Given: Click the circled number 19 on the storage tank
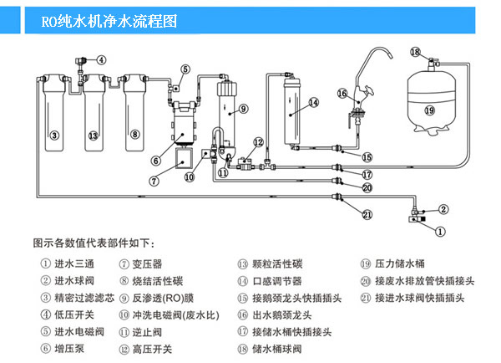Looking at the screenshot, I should pyautogui.click(x=428, y=110).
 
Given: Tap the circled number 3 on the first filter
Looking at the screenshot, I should pyautogui.click(x=54, y=135).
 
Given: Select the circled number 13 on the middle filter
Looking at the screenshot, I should pyautogui.click(x=94, y=135).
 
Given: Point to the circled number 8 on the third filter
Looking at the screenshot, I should pyautogui.click(x=134, y=135).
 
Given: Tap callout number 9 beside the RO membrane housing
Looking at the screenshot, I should pyautogui.click(x=243, y=108).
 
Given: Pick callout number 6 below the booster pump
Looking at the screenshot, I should pyautogui.click(x=155, y=161).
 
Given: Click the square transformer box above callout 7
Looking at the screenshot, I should pyautogui.click(x=184, y=156).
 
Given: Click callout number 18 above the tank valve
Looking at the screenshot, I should pyautogui.click(x=415, y=53).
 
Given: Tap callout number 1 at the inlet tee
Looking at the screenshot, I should pyautogui.click(x=442, y=225).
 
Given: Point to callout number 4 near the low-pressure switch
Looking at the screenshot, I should pyautogui.click(x=101, y=59).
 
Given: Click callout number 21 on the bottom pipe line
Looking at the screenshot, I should pyautogui.click(x=366, y=214).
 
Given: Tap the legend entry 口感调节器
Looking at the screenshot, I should pyautogui.click(x=280, y=280).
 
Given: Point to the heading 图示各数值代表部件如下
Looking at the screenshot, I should pyautogui.click(x=94, y=243).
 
